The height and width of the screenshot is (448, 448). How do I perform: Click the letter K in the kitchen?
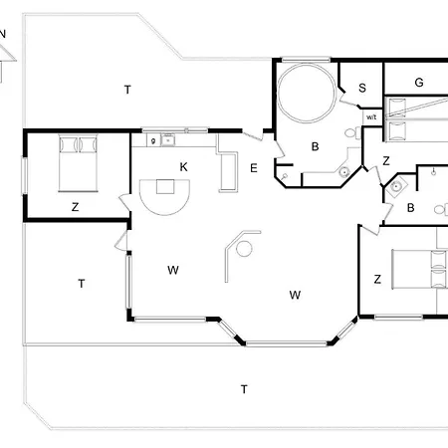click(183, 167)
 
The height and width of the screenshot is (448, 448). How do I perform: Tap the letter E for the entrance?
click(254, 168)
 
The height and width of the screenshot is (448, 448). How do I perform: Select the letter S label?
click(362, 88)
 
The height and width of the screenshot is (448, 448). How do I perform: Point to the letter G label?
click(419, 83)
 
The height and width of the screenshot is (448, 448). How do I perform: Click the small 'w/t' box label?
click(371, 117)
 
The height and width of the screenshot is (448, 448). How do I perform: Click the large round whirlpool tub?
click(307, 94)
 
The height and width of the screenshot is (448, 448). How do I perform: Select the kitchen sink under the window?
click(168, 140)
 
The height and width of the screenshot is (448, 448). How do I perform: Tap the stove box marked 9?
click(153, 140)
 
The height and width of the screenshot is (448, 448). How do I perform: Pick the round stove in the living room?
click(244, 249)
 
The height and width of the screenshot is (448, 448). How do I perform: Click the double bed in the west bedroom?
click(79, 163)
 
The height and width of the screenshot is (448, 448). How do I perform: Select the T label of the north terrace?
click(127, 90)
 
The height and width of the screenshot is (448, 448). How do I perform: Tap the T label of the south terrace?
click(244, 389)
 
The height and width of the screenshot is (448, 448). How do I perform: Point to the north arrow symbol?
click(5, 57)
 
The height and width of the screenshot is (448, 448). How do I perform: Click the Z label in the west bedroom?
click(76, 207)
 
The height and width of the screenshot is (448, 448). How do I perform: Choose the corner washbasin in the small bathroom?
click(396, 187)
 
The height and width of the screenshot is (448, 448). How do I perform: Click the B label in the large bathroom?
click(316, 146)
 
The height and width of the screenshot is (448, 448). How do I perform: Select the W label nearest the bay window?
click(295, 295)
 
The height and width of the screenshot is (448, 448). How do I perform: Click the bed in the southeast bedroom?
click(420, 269)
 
